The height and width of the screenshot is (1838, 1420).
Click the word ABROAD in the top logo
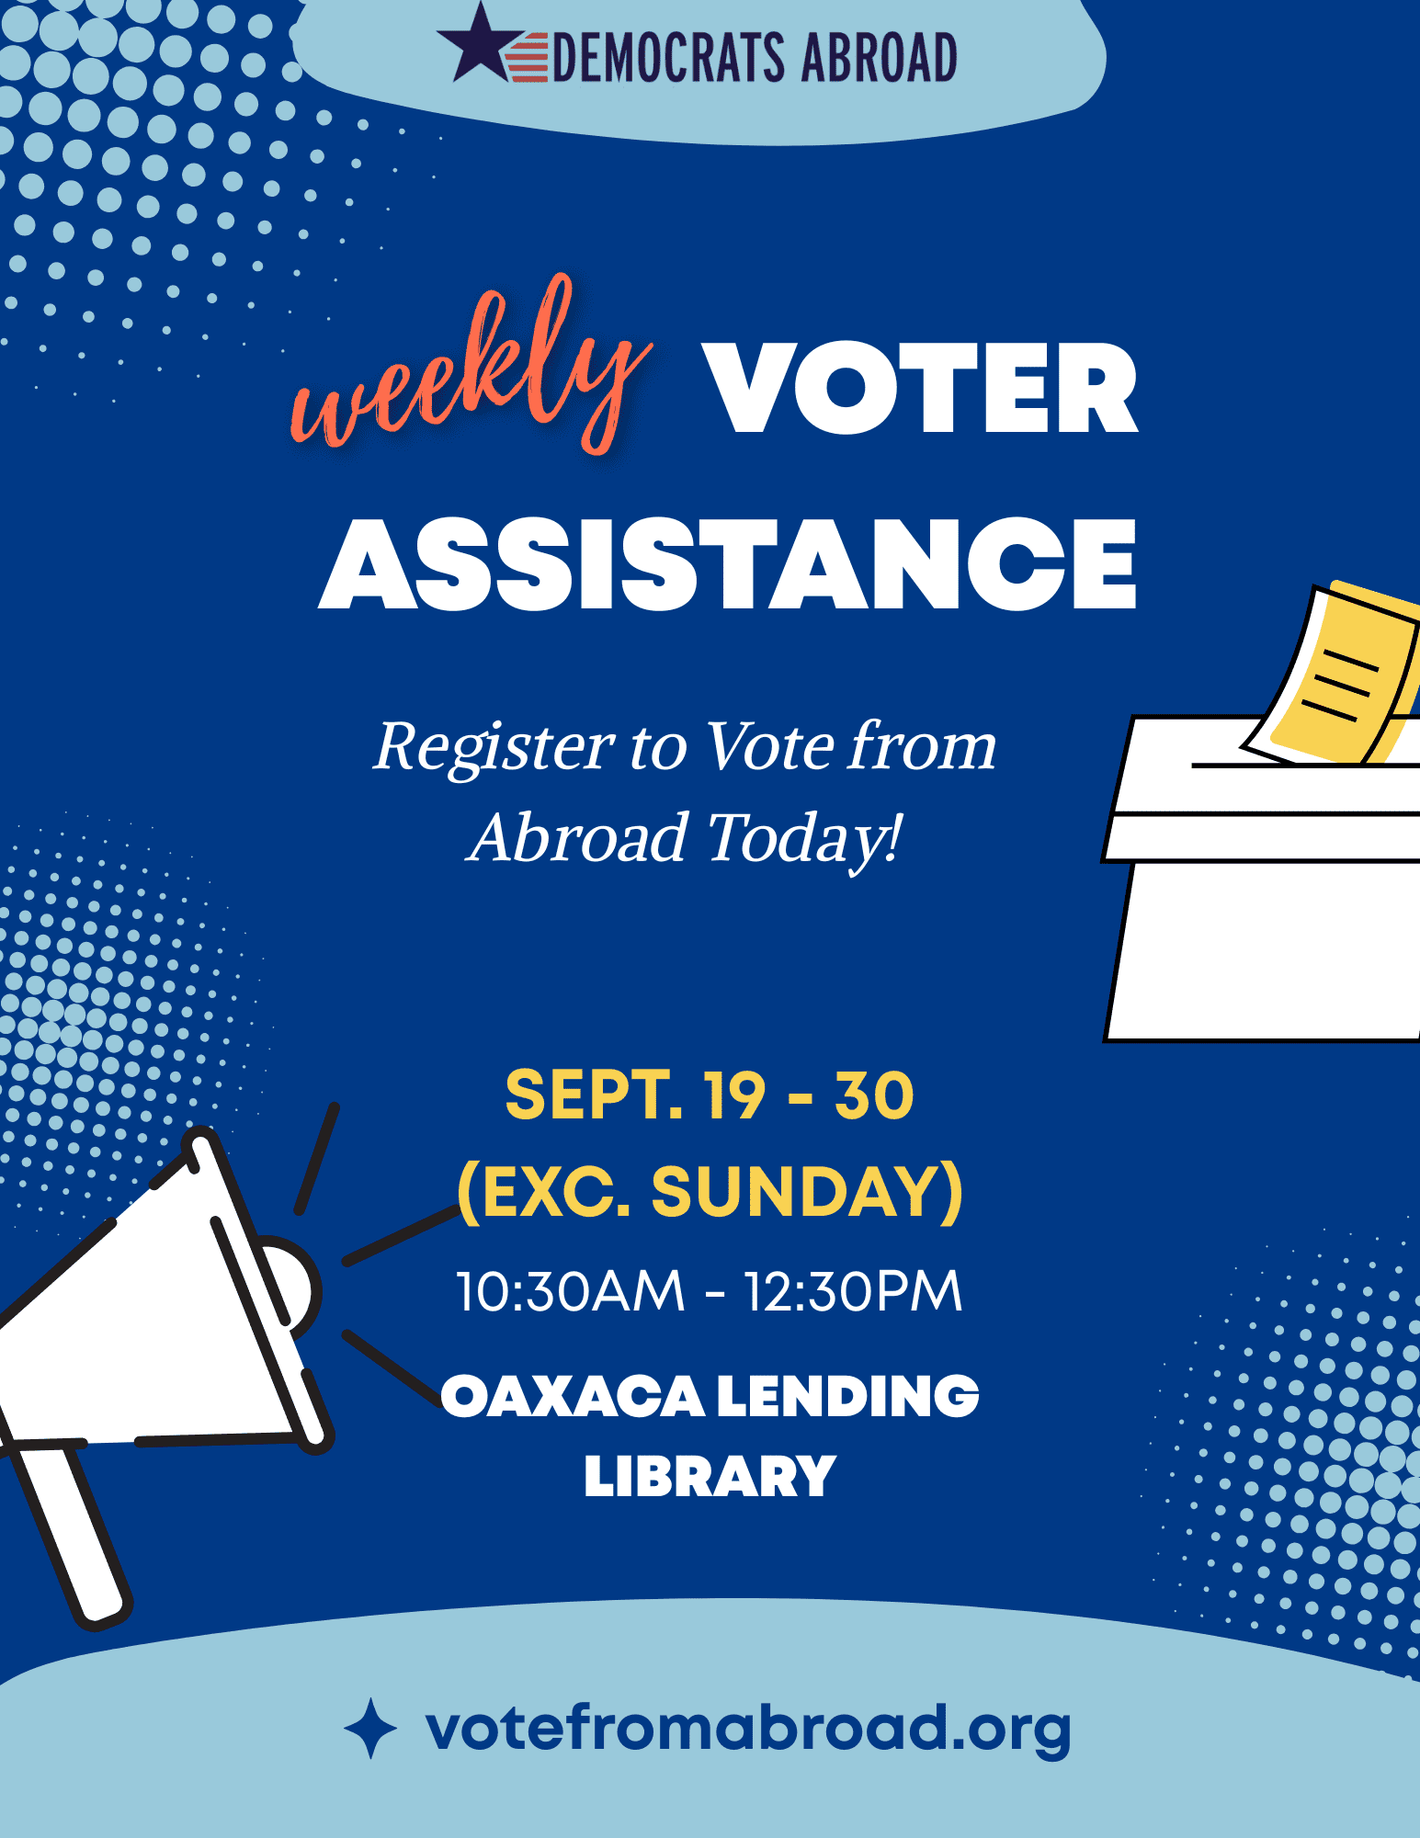click(879, 57)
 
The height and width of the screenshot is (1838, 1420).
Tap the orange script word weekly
click(471, 368)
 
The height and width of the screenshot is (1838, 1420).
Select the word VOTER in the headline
click(920, 388)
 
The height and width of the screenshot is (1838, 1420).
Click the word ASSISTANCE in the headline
click(728, 563)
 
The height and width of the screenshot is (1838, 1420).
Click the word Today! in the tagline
click(805, 839)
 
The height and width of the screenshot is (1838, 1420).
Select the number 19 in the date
click(734, 1095)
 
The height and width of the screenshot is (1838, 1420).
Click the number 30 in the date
click(874, 1095)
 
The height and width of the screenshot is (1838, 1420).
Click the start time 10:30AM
click(571, 1291)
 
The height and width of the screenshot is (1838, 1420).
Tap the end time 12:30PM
click(853, 1291)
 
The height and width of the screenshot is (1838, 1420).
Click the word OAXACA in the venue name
click(574, 1397)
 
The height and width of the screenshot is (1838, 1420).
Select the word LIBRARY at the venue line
click(710, 1477)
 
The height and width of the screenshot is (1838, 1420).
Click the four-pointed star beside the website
click(370, 1729)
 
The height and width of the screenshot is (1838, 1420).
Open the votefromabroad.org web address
click(748, 1729)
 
